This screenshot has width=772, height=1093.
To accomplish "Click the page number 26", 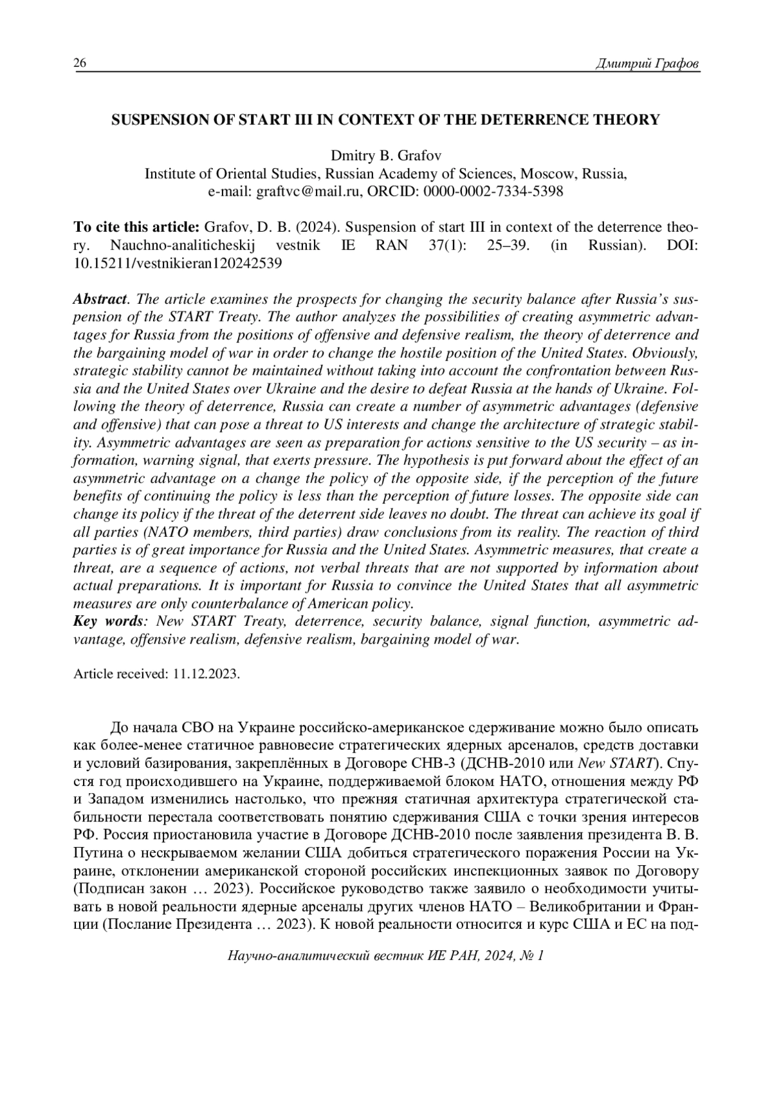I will (x=80, y=63).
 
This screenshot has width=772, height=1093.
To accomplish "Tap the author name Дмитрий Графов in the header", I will (x=648, y=64).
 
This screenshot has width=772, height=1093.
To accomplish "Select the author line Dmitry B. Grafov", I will (x=385, y=156).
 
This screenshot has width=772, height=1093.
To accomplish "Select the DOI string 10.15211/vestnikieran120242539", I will (x=178, y=263).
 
